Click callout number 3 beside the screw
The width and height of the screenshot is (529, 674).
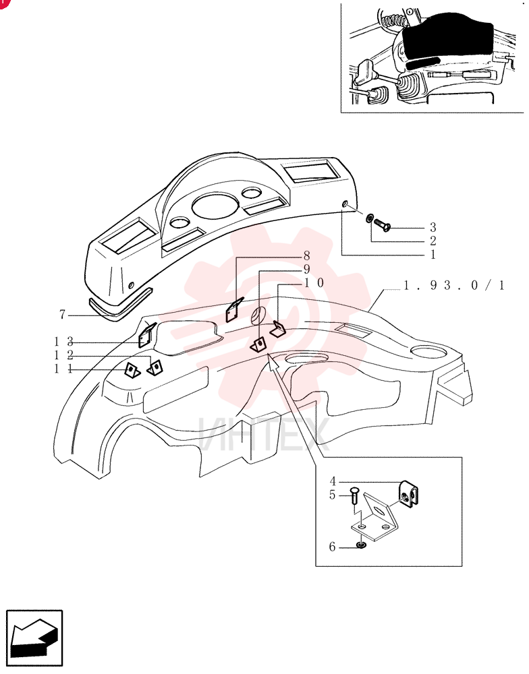point(433,227)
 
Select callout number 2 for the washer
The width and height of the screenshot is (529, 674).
point(433,241)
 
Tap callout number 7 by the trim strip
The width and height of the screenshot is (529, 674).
point(62,315)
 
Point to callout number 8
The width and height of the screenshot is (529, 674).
point(306,255)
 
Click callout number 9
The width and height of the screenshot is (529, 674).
point(306,270)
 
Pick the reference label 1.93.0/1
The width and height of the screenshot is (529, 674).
point(454,285)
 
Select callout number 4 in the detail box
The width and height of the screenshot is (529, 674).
point(333,481)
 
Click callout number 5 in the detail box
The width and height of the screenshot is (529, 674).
point(332,495)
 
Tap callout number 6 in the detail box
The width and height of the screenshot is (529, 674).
point(332,547)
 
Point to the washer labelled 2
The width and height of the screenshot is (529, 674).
point(369,218)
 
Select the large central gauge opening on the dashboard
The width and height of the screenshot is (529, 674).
point(215,206)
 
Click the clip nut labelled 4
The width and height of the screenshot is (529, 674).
point(410,494)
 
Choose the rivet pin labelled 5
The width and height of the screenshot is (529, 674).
point(354,496)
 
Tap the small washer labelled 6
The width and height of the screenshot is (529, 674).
point(361,546)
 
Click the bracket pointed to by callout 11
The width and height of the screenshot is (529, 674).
point(132,370)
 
